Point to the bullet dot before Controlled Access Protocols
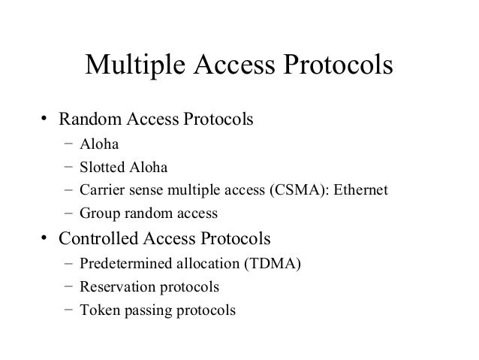point(45,240)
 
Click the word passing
point(152,310)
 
